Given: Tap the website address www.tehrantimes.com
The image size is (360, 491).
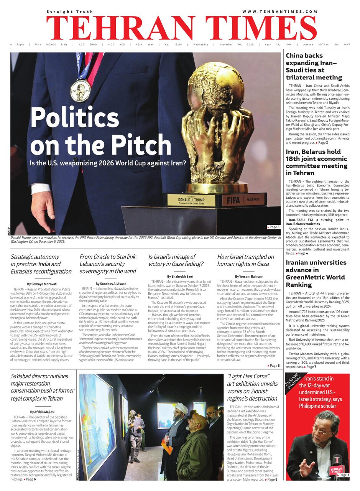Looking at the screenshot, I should click(x=280, y=12).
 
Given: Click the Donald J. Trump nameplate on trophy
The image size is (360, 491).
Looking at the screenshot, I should click(x=191, y=200).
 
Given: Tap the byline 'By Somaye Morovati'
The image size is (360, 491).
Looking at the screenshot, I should click(x=41, y=283).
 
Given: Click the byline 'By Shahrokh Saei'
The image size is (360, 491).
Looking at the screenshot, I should click(x=179, y=276).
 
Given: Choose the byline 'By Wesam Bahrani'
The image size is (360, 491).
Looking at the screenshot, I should click(x=248, y=276).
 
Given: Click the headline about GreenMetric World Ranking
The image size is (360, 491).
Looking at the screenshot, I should click(x=316, y=274).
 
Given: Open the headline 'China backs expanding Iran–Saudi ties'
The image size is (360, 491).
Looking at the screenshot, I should click(x=314, y=66).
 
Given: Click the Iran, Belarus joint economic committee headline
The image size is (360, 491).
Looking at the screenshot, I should click(x=317, y=162).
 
